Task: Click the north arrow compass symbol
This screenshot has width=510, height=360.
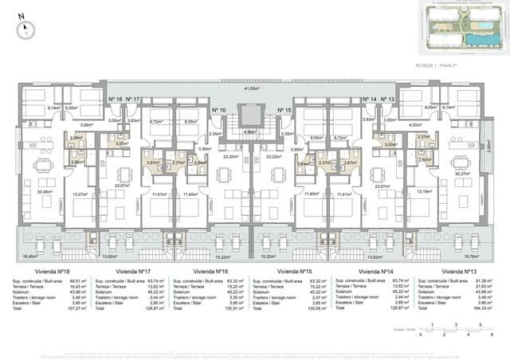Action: click(x=27, y=28)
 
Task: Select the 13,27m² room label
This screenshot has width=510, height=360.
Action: click(x=79, y=194)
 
